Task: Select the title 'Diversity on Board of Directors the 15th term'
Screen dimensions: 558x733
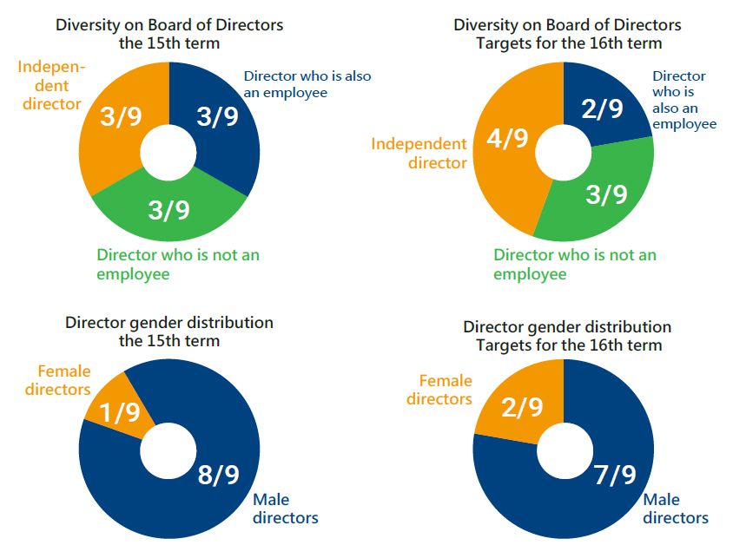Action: coord(169,33)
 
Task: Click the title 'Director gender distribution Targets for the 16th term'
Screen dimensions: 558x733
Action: coord(567,336)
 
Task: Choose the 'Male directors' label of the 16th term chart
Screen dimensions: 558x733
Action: coord(675,509)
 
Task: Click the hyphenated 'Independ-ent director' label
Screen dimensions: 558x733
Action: coord(50,85)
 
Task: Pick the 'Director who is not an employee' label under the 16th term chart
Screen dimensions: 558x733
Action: coord(575,264)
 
